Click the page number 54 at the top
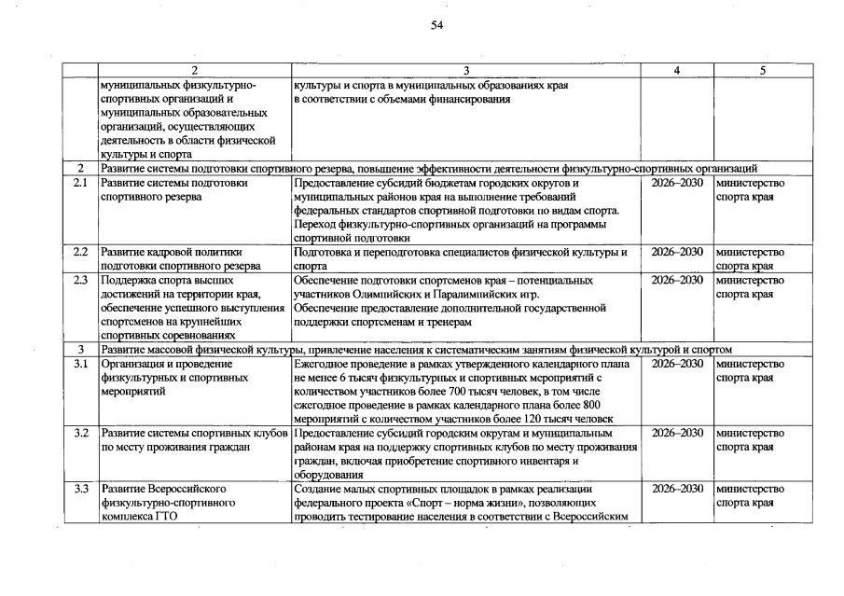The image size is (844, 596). pyautogui.click(x=436, y=25)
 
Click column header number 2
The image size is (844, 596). pyautogui.click(x=194, y=71)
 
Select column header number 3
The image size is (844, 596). pyautogui.click(x=466, y=71)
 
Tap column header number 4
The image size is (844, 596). pyautogui.click(x=678, y=71)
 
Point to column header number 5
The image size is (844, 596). pyautogui.click(x=762, y=71)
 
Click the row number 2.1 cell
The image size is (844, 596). pyautogui.click(x=80, y=184)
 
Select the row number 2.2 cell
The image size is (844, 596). pyautogui.click(x=80, y=252)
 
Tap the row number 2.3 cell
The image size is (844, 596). pyautogui.click(x=80, y=280)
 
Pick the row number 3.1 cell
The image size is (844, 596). pyautogui.click(x=80, y=364)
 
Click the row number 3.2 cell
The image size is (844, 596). pyautogui.click(x=80, y=434)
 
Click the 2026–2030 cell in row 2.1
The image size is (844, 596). pyautogui.click(x=677, y=184)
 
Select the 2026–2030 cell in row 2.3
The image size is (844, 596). pyautogui.click(x=677, y=280)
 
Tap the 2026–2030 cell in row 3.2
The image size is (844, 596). pyautogui.click(x=677, y=434)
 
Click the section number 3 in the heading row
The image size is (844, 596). pyautogui.click(x=80, y=349)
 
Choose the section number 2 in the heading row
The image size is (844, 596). pyautogui.click(x=80, y=169)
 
